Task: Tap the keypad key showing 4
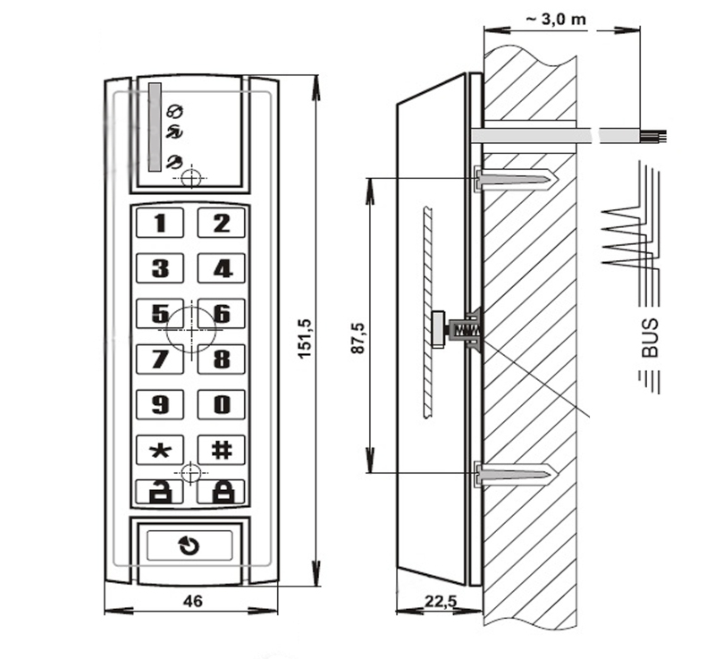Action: (221, 267)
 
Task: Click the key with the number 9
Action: (160, 404)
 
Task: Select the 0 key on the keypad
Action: (221, 404)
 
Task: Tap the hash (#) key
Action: (221, 450)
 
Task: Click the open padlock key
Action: (160, 491)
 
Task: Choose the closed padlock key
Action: (221, 491)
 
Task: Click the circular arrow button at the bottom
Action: (189, 545)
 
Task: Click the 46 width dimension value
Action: (192, 601)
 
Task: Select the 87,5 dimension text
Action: (358, 338)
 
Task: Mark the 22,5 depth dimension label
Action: (441, 601)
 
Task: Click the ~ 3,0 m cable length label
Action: (556, 19)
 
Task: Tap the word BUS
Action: (650, 338)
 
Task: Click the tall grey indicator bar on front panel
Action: (155, 127)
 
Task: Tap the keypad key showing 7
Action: (160, 359)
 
